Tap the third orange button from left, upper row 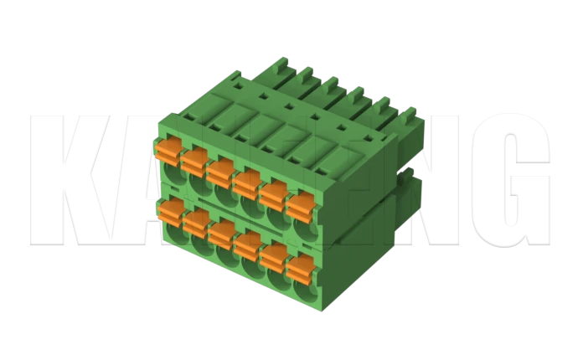pyautogui.click(x=220, y=170)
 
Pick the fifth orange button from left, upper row pyautogui.click(x=273, y=193)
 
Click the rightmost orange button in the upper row pyautogui.click(x=299, y=204)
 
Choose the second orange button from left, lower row pyautogui.click(x=197, y=222)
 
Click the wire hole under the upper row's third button pyautogui.click(x=223, y=196)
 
